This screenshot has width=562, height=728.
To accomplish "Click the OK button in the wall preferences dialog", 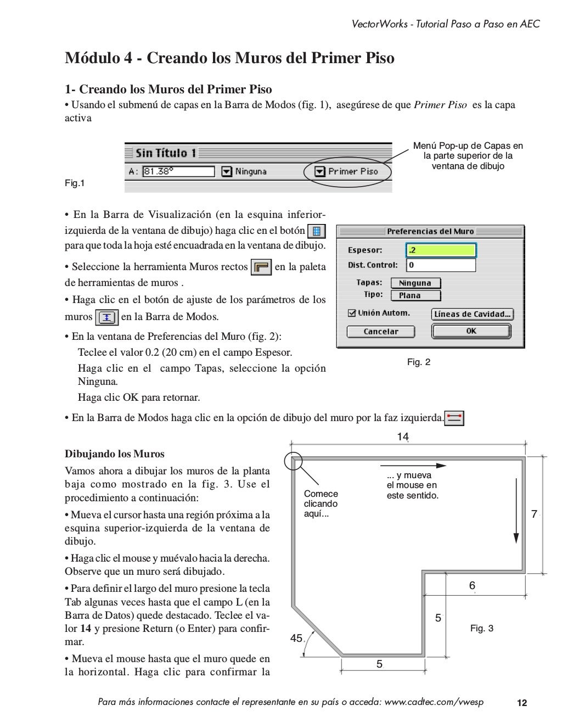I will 471,331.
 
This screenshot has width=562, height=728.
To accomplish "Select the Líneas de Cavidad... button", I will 473,314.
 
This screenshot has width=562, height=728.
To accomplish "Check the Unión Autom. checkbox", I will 352,313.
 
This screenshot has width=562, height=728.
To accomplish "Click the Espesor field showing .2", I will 441,250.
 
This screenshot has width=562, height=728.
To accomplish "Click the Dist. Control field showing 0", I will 441,265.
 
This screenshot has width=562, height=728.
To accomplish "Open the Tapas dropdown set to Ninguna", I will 415,283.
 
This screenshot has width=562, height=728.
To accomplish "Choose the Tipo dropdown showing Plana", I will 415,295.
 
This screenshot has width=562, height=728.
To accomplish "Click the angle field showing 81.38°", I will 178,171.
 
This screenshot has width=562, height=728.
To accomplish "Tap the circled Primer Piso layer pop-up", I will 348,171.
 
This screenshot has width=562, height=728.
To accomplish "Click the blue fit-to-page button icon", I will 316,231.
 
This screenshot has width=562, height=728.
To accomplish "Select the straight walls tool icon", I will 261,267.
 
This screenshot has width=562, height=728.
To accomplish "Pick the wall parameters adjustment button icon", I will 106,317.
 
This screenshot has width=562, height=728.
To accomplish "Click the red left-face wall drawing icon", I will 454,418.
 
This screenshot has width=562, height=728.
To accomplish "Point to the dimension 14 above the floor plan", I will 403,437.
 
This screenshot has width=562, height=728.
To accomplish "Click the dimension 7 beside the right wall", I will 534,514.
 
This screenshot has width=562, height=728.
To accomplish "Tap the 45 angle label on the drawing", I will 296,638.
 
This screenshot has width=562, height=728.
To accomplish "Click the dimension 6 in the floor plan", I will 472,586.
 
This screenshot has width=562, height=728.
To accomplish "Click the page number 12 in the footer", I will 522,703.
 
